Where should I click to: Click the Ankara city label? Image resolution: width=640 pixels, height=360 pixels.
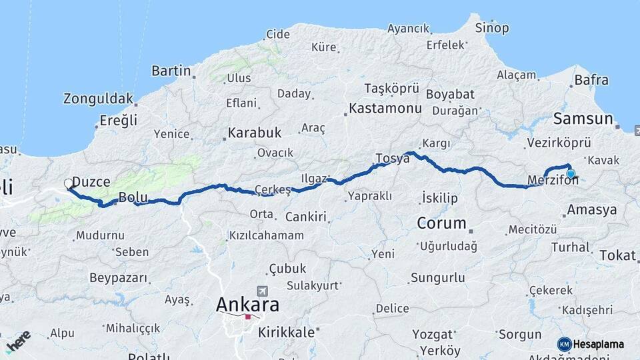click(x=247, y=305)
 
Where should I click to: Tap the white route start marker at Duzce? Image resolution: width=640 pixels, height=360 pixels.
click(x=69, y=183)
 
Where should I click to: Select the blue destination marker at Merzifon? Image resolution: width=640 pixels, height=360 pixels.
click(x=571, y=174)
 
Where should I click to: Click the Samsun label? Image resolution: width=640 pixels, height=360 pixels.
click(x=583, y=119)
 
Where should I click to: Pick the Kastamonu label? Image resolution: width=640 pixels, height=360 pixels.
click(x=385, y=108)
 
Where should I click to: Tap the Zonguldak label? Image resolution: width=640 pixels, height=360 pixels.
click(x=98, y=99)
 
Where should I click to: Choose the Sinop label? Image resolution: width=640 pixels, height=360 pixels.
click(x=492, y=28)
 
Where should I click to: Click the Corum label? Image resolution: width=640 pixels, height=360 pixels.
click(x=441, y=223)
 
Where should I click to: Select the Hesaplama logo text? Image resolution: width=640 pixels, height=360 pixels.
click(x=599, y=344)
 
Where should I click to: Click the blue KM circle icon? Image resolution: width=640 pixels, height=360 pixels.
click(x=564, y=344)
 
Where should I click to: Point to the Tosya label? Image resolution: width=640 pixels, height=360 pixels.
click(x=392, y=158)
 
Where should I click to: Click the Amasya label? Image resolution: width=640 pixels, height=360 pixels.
click(x=591, y=210)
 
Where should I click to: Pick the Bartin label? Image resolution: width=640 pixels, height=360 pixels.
click(x=171, y=71)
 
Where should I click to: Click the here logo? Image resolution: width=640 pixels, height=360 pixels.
click(x=18, y=339)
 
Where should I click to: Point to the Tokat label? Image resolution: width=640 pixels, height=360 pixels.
click(x=617, y=255)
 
